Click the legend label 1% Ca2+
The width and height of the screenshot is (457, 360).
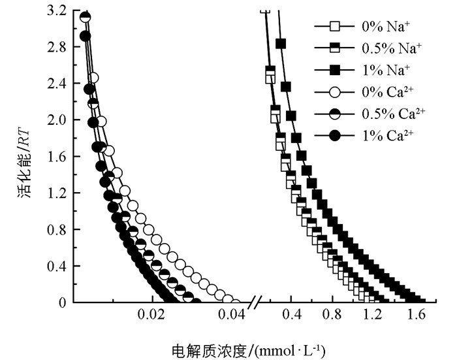pyautogui.click(x=390, y=135)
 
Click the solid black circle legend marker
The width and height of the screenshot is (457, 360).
pyautogui.click(x=335, y=135)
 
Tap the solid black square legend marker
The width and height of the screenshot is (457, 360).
pyautogui.click(x=335, y=69)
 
